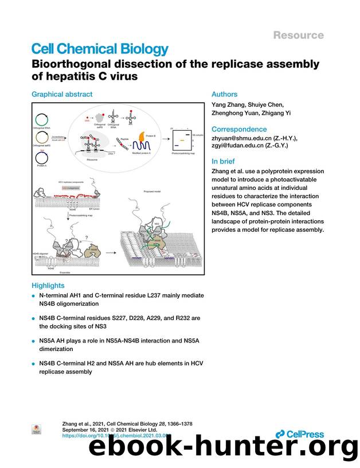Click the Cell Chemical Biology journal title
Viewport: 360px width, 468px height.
tap(100, 49)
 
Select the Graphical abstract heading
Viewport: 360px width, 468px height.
tap(61, 94)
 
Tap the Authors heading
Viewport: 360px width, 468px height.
tap(224, 94)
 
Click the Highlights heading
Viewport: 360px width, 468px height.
tap(48, 286)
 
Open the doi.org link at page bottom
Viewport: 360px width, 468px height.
tap(115, 436)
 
